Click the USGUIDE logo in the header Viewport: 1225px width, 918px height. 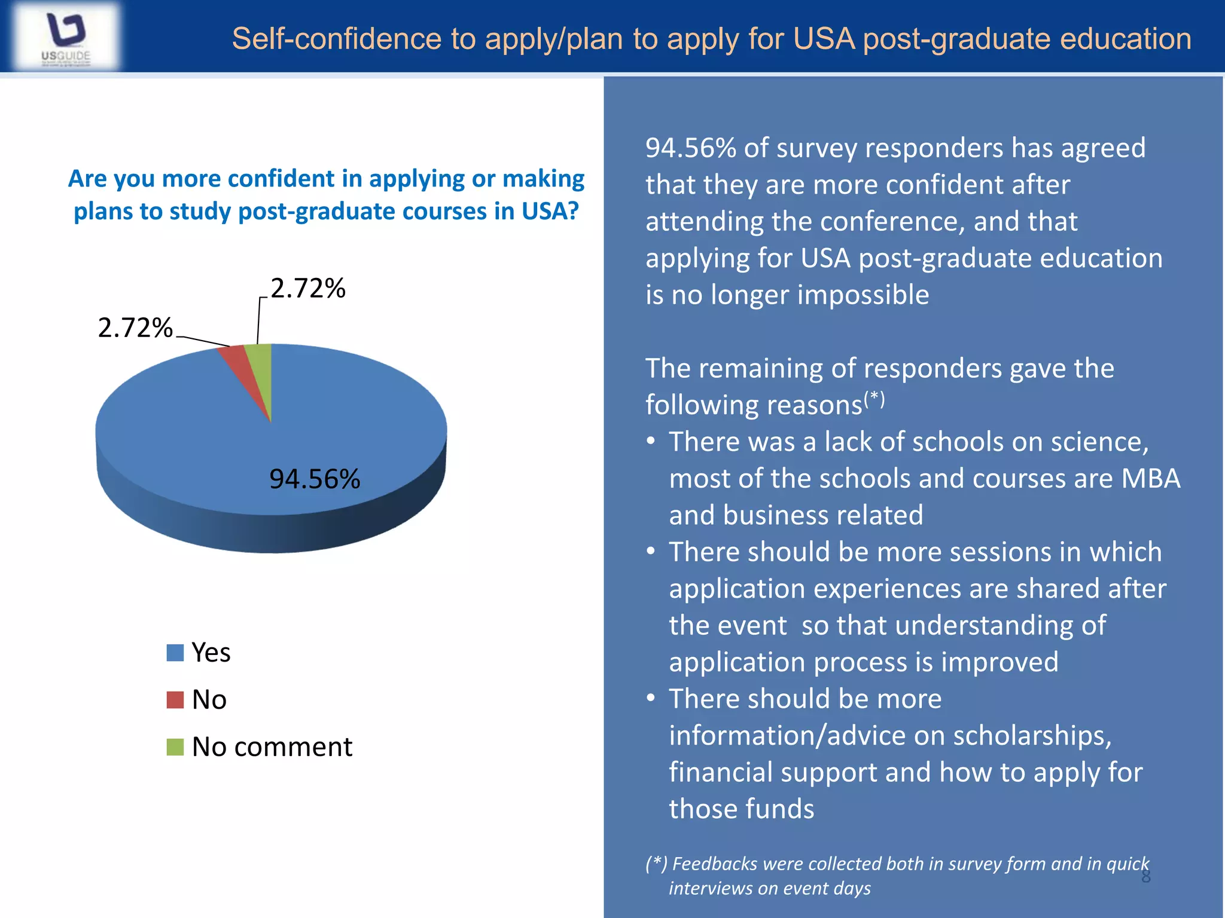(x=66, y=37)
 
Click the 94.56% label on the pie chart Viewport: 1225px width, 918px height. (x=315, y=479)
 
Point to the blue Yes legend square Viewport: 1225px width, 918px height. (x=175, y=653)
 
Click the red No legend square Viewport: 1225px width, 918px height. (x=175, y=700)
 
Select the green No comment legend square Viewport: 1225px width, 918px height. (x=175, y=747)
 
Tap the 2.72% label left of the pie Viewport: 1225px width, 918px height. (x=135, y=328)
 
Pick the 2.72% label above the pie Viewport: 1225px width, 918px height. (x=308, y=288)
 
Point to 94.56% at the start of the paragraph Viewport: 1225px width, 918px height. (x=690, y=148)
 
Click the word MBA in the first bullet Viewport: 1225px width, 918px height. (x=1150, y=479)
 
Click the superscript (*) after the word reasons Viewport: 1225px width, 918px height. (x=874, y=397)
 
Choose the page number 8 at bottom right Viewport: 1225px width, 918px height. (x=1145, y=877)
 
